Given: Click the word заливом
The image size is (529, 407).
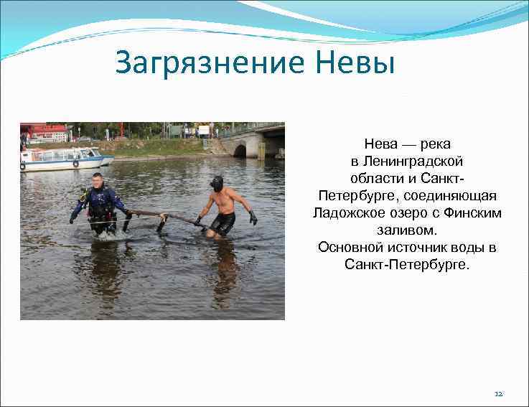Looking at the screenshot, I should (x=406, y=230).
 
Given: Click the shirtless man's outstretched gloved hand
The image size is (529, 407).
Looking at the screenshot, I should (x=253, y=218).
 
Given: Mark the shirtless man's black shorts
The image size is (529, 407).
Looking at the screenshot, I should (x=223, y=223).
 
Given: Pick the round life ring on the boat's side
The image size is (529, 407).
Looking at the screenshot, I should (x=75, y=164).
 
